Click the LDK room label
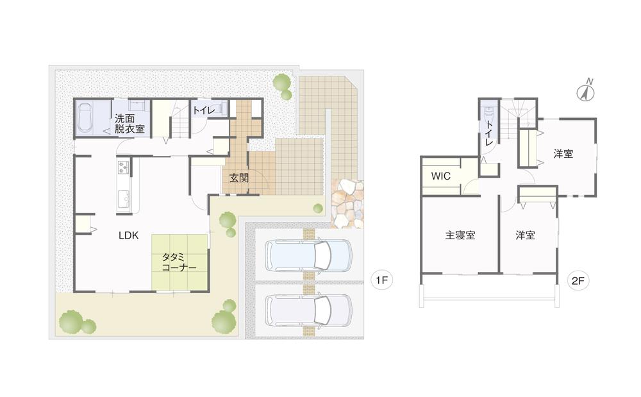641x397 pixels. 128,235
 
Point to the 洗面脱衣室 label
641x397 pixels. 129,124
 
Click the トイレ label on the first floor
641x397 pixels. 204,110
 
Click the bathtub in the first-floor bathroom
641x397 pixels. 85,117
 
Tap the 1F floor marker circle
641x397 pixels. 382,280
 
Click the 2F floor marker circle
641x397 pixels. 578,280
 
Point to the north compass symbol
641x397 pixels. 587,91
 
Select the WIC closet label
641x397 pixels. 441,176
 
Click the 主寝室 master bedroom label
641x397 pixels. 460,235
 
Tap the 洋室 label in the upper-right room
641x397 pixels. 563,154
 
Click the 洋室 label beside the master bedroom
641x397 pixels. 525,235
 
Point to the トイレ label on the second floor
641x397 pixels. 488,133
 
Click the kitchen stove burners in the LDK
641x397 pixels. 123,167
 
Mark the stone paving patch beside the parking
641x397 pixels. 347,204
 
